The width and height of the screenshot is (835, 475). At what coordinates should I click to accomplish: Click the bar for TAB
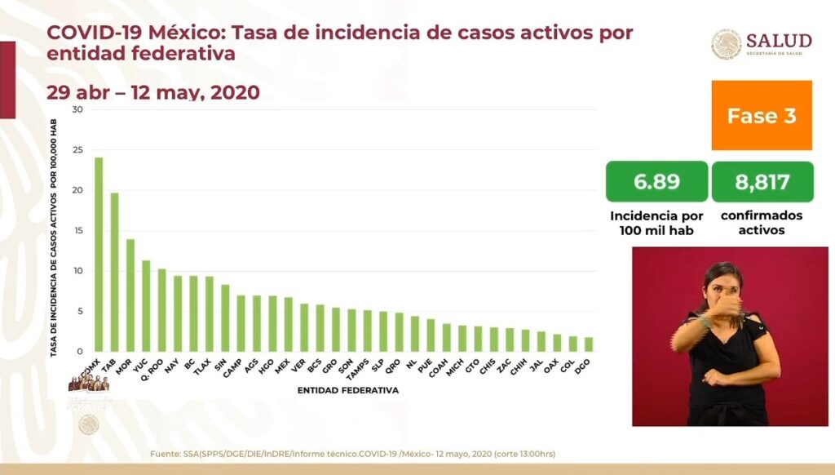coord(114,272)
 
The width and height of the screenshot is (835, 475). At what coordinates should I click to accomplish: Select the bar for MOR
coord(130,295)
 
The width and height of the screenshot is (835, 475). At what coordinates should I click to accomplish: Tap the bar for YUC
coord(146,306)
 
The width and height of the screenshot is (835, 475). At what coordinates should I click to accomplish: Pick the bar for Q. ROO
coord(161,310)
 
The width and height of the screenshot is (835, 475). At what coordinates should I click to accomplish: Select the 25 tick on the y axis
coord(77,150)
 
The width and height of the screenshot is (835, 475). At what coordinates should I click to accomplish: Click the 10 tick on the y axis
coord(77,271)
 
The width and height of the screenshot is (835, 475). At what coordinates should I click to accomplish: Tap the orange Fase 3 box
coord(762,115)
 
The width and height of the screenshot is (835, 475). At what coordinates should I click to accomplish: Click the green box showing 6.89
coord(656,181)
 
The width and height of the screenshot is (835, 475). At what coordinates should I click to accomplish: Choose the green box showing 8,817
coord(762,181)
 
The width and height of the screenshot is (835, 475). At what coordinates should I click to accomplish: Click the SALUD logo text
coord(779,41)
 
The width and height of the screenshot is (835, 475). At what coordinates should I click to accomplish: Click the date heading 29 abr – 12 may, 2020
coord(153,92)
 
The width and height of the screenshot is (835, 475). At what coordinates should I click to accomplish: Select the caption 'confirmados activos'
coord(762,223)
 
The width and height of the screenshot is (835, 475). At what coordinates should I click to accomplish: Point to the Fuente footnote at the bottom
coord(353,454)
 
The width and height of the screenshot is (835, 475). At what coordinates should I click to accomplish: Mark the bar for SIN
coord(225,318)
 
